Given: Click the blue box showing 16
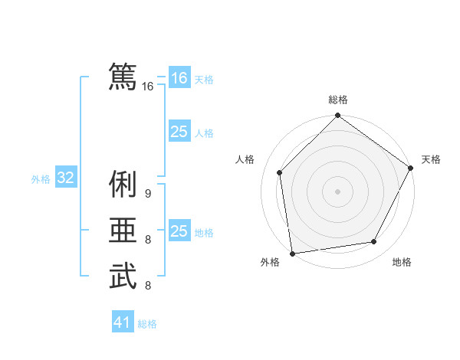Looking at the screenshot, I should pyautogui.click(x=179, y=78).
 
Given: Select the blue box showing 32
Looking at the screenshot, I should pyautogui.click(x=66, y=178).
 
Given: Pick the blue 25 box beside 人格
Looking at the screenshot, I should pyautogui.click(x=179, y=132).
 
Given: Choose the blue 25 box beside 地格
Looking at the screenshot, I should pyautogui.click(x=179, y=231).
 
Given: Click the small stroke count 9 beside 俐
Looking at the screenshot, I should pyautogui.click(x=148, y=193).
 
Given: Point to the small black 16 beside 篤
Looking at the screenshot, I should pyautogui.click(x=148, y=87).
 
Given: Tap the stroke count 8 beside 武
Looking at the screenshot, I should pyautogui.click(x=148, y=286).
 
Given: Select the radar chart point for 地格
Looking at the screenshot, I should pyautogui.click(x=374, y=242).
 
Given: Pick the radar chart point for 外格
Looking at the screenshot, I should pyautogui.click(x=292, y=253).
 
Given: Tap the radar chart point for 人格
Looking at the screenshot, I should pyautogui.click(x=280, y=172).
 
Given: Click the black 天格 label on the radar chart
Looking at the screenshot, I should pyautogui.click(x=431, y=159).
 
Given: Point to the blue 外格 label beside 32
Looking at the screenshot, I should pyautogui.click(x=41, y=179).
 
